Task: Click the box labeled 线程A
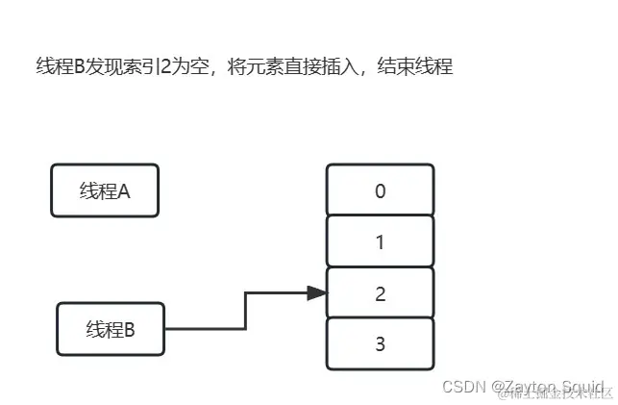(x=104, y=190)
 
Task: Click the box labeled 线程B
(x=111, y=329)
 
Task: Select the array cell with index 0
(x=380, y=190)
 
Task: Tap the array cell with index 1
(x=380, y=242)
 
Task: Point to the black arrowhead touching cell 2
(x=317, y=292)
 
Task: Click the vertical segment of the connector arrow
(x=246, y=311)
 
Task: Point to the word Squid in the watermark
(x=582, y=387)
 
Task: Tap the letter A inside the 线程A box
(x=124, y=190)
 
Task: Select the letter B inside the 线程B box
(x=130, y=329)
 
